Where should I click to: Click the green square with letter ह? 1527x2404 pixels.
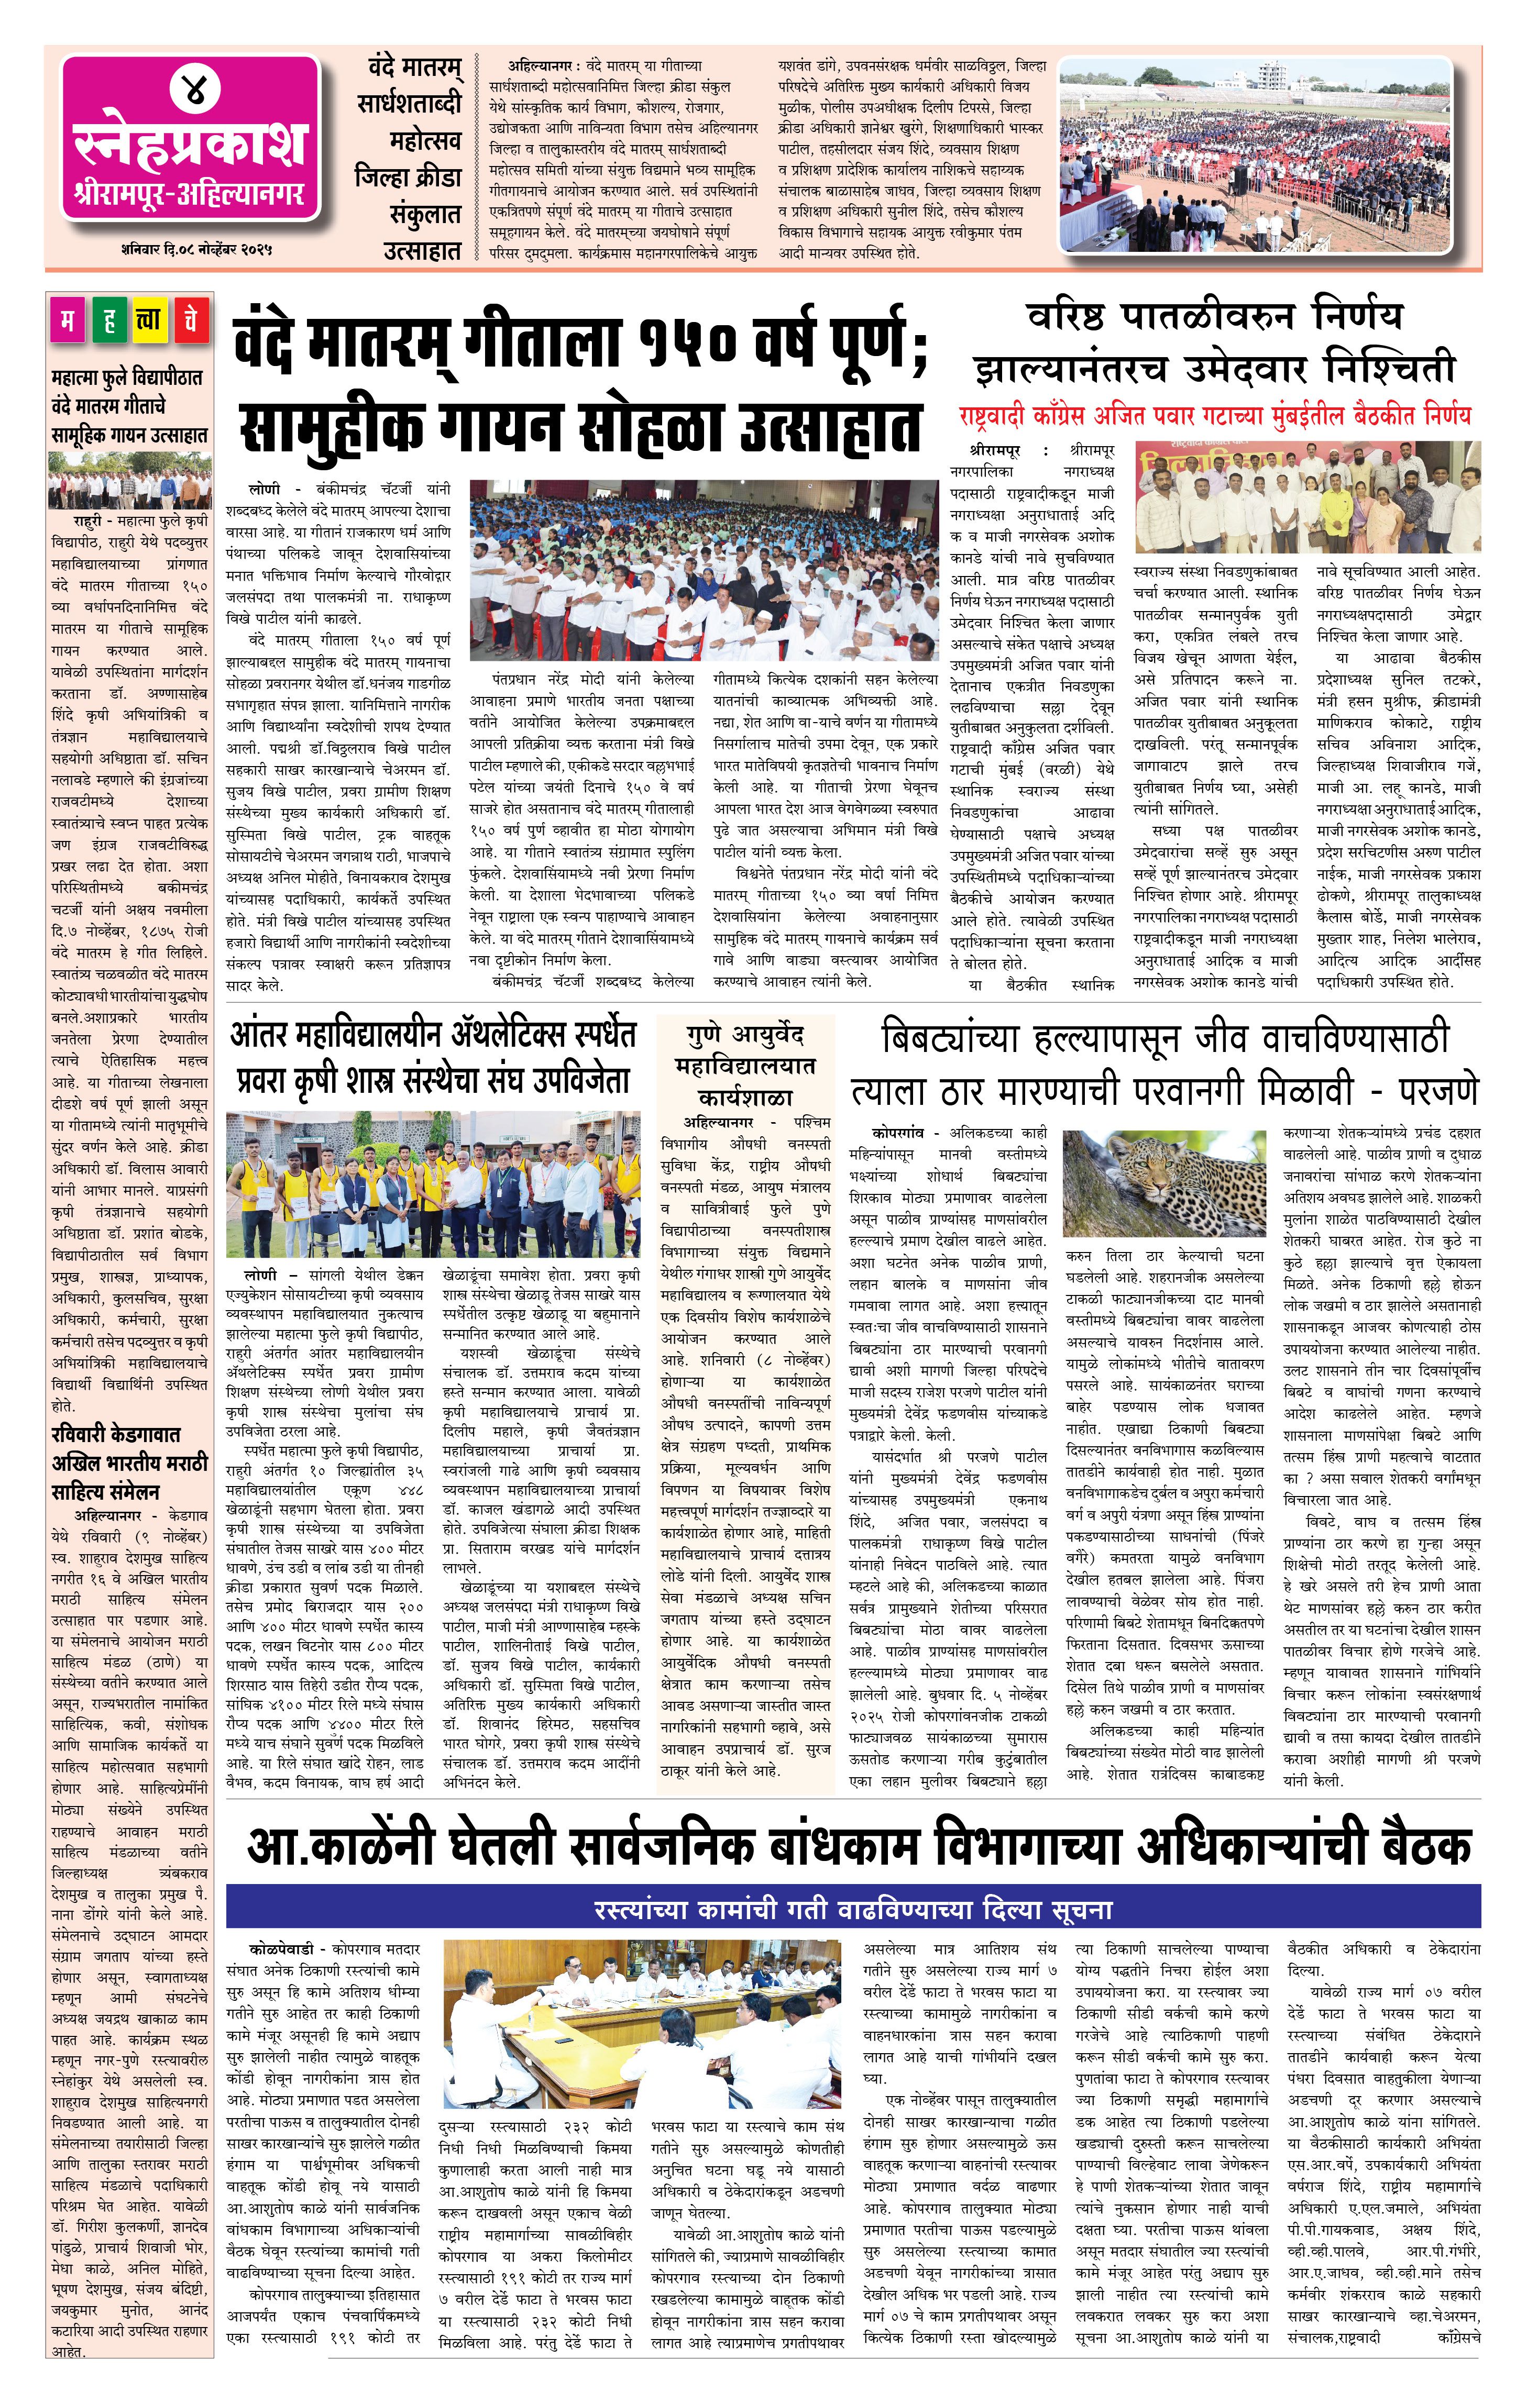[110, 320]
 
